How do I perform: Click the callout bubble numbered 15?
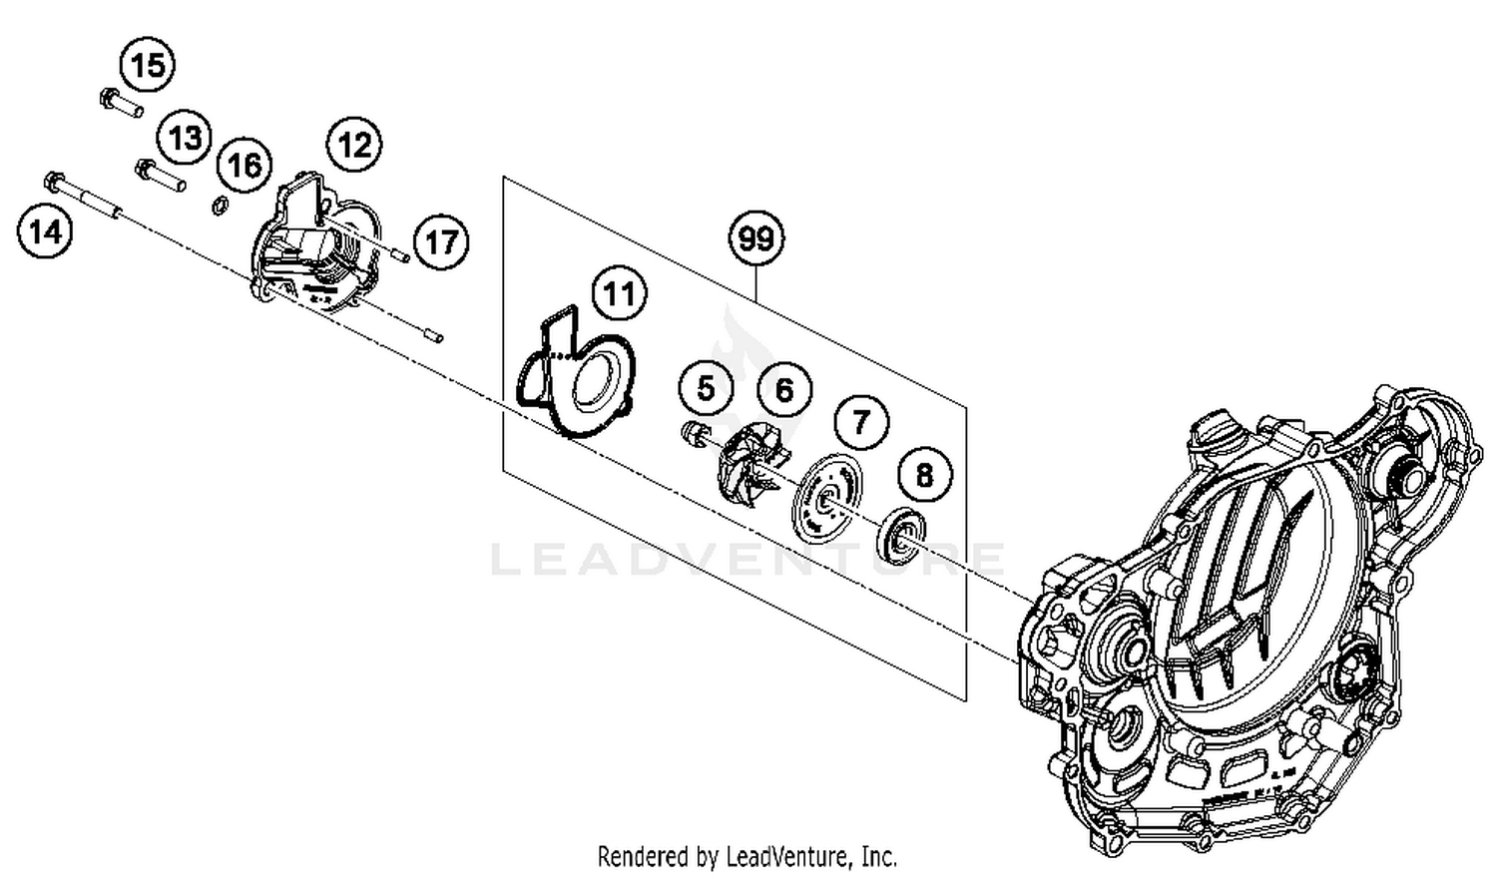(x=147, y=66)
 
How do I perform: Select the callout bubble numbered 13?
(x=185, y=138)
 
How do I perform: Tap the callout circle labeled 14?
(x=45, y=232)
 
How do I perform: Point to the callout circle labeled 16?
(x=245, y=165)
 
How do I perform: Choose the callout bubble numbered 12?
(x=354, y=146)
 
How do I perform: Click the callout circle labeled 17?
(x=441, y=241)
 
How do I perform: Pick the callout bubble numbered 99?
(x=755, y=239)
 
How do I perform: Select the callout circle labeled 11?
(x=620, y=294)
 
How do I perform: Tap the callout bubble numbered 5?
(x=706, y=387)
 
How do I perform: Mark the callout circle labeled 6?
(x=784, y=389)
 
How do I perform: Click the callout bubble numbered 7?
(x=860, y=421)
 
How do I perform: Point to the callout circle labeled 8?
(x=924, y=475)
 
